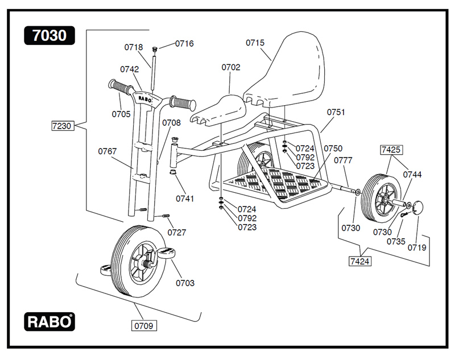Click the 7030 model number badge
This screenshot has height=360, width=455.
(x=49, y=35)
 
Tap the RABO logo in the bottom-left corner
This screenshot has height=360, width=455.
(x=49, y=321)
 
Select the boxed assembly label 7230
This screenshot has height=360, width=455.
(x=62, y=126)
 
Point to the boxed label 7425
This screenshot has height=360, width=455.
(x=391, y=150)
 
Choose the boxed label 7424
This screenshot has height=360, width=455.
(x=361, y=261)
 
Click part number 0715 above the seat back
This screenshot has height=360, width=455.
(x=256, y=43)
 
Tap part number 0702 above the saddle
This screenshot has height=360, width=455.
(x=231, y=67)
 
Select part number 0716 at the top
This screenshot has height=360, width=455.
(x=184, y=43)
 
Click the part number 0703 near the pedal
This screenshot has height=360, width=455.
(x=185, y=283)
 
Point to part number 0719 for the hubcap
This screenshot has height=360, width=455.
(x=417, y=248)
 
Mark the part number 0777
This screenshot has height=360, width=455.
(x=343, y=160)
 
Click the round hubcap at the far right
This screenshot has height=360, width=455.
(x=419, y=207)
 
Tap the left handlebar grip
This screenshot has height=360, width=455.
(x=120, y=88)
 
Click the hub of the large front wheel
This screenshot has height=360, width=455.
(x=142, y=262)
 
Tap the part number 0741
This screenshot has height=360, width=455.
(x=185, y=198)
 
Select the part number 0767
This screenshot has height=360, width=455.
(x=107, y=151)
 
